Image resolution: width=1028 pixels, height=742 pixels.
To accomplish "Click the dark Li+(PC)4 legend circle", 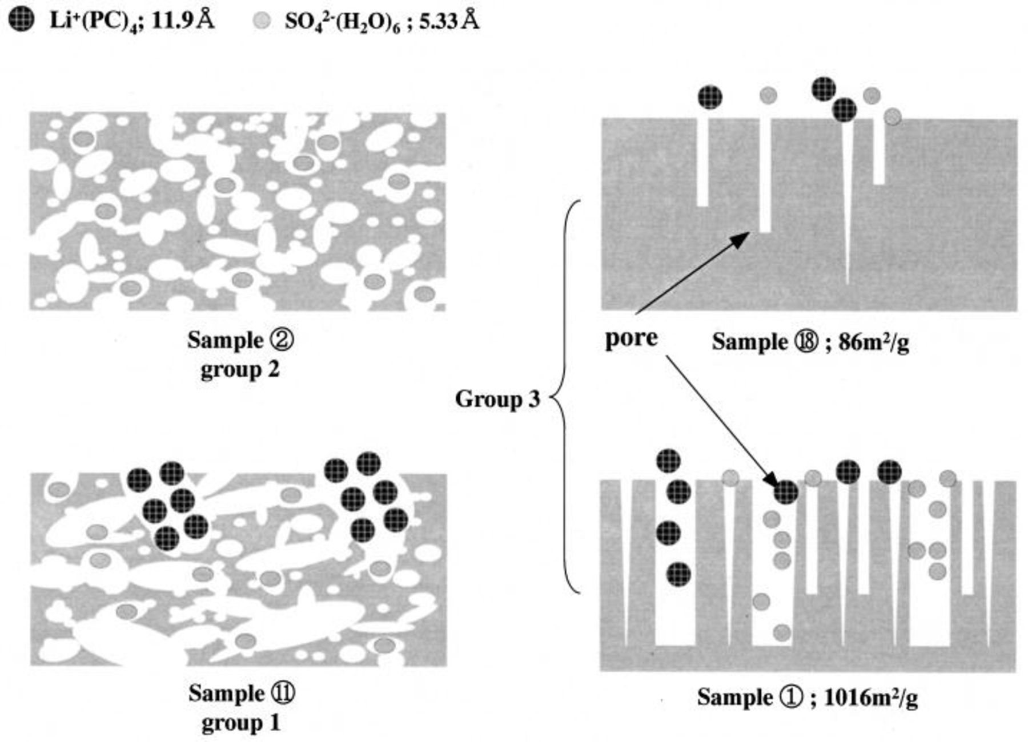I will (21, 22).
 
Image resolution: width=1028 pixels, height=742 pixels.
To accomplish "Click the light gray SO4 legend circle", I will (261, 22).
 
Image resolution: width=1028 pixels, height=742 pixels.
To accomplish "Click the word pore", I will (631, 338).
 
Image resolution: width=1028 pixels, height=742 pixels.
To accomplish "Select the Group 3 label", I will (497, 399).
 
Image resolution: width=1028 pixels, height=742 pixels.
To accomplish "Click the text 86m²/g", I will (874, 342).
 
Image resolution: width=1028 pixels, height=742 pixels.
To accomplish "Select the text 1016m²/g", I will (871, 697).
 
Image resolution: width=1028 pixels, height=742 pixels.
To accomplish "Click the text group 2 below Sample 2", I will (240, 370).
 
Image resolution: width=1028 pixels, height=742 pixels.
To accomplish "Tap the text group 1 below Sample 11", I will (241, 723).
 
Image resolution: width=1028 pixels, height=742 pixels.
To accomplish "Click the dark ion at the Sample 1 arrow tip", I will (786, 492).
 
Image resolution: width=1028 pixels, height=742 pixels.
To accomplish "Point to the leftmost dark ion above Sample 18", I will (710, 97).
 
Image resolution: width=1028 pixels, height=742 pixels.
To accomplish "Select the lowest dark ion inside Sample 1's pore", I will (679, 574).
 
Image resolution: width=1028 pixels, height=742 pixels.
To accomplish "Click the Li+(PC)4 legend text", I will (94, 22).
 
